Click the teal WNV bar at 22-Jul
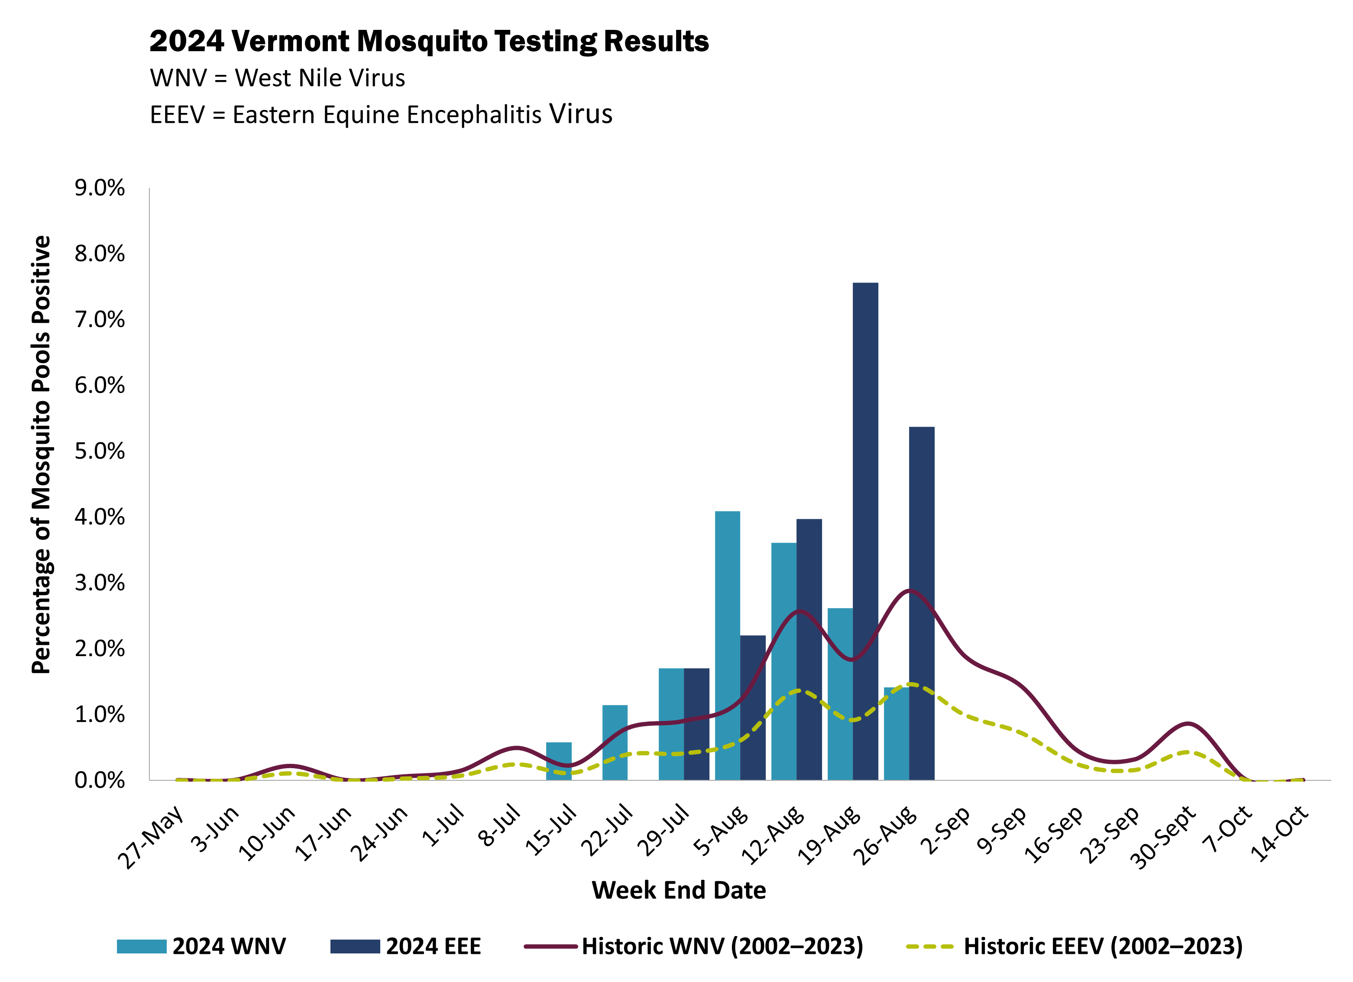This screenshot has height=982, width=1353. click(615, 742)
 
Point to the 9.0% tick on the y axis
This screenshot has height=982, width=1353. click(100, 188)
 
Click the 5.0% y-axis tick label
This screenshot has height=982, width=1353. click(100, 451)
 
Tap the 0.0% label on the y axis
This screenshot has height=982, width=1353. click(100, 780)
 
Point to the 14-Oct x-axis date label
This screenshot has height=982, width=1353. click(1280, 833)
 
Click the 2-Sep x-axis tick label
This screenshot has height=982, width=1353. click(945, 830)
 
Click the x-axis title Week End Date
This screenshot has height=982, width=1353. click(678, 890)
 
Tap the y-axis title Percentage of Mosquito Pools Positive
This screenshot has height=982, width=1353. click(42, 454)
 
